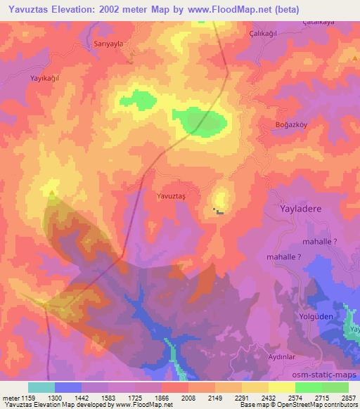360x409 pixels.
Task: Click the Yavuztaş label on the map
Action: coord(172,197)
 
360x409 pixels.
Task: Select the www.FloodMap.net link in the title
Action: coord(231,10)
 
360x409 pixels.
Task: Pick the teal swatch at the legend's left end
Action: coord(41,387)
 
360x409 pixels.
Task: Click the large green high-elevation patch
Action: coord(205,122)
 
